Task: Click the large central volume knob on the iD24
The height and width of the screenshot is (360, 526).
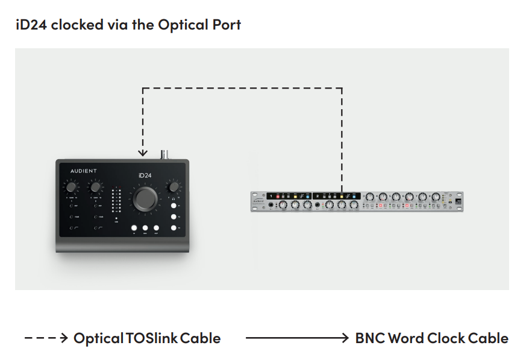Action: [x=146, y=198]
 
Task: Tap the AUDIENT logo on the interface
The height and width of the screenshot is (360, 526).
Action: [x=79, y=171]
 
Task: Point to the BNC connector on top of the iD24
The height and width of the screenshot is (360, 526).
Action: [x=163, y=154]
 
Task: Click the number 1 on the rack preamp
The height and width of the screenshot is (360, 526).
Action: [x=272, y=195]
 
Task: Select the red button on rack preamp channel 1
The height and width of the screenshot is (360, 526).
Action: [x=279, y=196]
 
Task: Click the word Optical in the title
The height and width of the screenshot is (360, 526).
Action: [x=181, y=25]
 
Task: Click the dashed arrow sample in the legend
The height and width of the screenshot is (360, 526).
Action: [x=46, y=338]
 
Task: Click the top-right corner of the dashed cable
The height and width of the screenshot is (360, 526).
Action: [x=342, y=89]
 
